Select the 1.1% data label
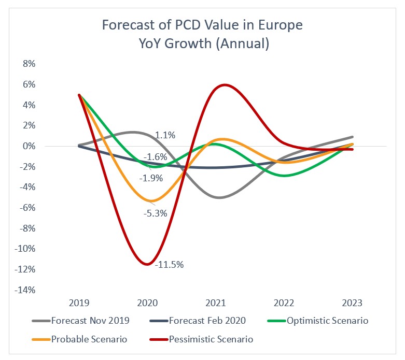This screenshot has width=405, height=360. [x=165, y=135]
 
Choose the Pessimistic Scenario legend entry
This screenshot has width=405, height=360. [x=203, y=339]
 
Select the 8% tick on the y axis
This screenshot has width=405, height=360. [x=27, y=64]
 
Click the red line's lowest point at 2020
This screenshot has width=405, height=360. [x=147, y=264]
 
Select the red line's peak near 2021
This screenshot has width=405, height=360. [x=224, y=85]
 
